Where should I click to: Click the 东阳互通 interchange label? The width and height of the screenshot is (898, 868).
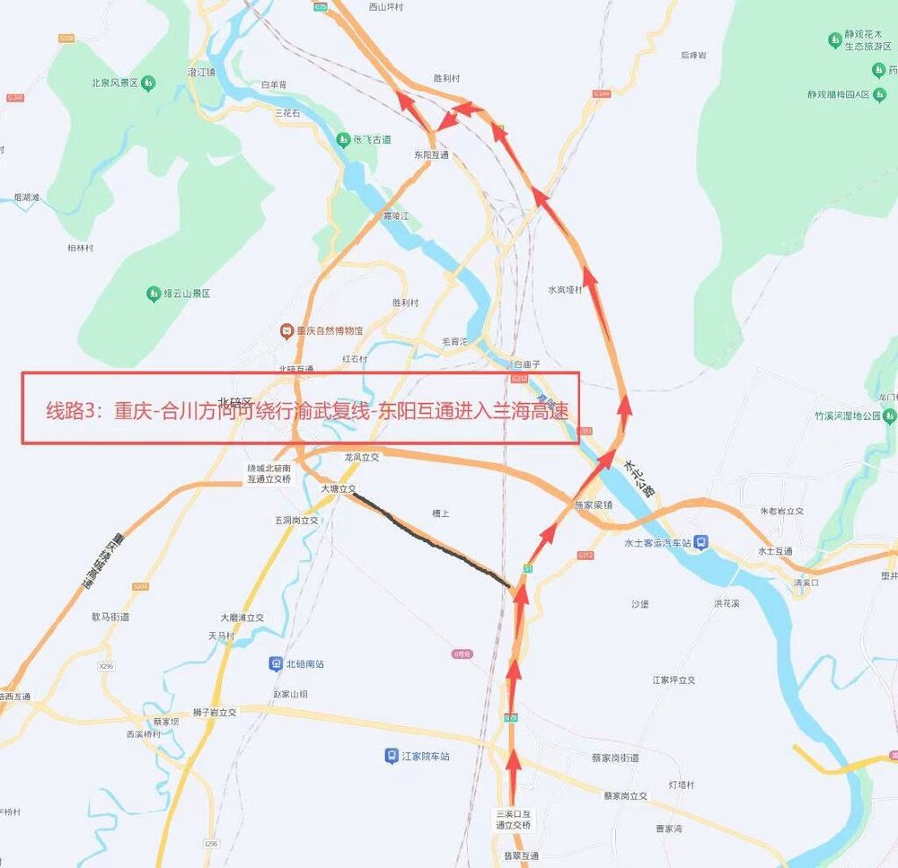click(431, 155)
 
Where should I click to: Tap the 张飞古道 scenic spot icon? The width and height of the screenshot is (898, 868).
click(342, 140)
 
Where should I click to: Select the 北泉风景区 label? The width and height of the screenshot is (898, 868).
click(112, 83)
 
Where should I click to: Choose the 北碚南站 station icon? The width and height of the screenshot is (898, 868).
click(275, 664)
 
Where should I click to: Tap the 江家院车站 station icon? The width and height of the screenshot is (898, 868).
click(392, 756)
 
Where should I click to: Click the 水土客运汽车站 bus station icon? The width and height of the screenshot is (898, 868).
click(702, 542)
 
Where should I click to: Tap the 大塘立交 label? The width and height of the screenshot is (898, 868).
click(339, 489)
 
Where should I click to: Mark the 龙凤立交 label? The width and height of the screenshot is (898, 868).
click(363, 457)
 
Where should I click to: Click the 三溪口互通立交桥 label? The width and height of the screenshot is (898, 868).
click(513, 819)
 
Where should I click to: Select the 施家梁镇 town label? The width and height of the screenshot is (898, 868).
click(593, 504)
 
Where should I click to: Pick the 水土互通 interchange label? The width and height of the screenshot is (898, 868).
click(774, 551)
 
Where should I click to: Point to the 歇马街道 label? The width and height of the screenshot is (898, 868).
click(110, 617)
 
